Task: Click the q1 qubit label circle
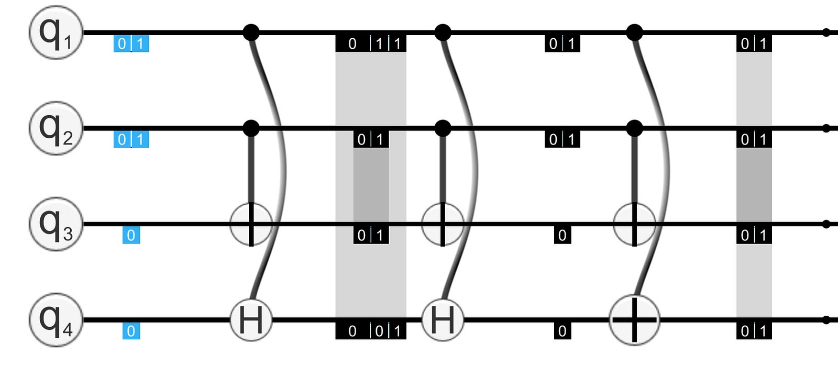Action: (56, 32)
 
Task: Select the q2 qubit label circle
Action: (56, 128)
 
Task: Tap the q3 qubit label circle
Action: (56, 224)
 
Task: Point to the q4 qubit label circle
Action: (56, 320)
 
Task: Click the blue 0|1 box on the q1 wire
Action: (131, 44)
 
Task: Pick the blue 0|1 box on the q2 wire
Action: (131, 139)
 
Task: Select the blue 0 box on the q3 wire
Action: (131, 236)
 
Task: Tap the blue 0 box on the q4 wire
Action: (131, 331)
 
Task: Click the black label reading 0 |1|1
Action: (371, 44)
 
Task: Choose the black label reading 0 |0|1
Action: (371, 331)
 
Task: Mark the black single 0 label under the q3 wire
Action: (563, 236)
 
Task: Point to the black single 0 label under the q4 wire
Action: (563, 331)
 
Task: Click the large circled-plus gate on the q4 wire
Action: (634, 320)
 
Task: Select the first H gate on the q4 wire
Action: (251, 320)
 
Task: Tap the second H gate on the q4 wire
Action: (443, 320)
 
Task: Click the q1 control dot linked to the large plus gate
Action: (634, 32)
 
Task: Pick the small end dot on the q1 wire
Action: (826, 32)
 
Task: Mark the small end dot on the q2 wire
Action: (826, 128)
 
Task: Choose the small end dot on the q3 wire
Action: (826, 224)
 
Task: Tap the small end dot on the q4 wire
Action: (826, 320)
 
